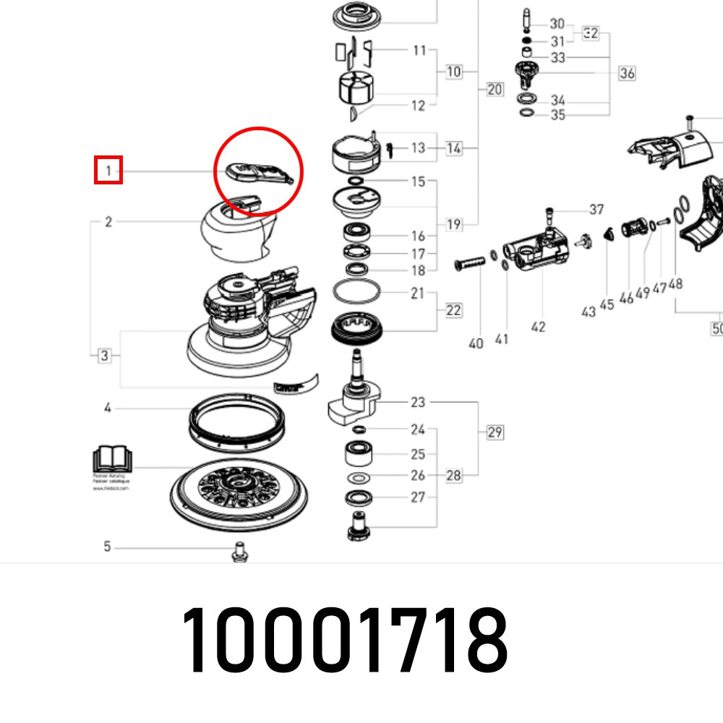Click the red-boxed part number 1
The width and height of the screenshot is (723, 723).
(108, 171)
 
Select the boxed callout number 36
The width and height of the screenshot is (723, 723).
(627, 73)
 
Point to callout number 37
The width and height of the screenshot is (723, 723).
(596, 210)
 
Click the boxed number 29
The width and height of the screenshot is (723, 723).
(495, 432)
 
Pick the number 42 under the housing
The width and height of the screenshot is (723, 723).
(538, 327)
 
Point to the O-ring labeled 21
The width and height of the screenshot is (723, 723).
(356, 293)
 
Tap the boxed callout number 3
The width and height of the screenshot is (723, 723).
(105, 355)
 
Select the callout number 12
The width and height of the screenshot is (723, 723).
(418, 106)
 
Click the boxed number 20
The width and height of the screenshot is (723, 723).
(495, 90)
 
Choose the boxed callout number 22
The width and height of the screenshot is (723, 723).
(453, 310)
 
